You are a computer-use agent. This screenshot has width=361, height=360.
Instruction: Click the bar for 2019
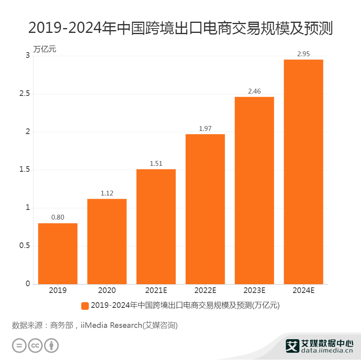coord(58,254)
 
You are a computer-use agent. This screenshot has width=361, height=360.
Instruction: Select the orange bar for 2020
coord(107,242)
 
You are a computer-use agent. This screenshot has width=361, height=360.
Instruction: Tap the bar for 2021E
coord(156,227)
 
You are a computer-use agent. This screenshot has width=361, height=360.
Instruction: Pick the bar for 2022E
coord(205,209)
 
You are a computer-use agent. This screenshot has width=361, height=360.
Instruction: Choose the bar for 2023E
coord(254,191)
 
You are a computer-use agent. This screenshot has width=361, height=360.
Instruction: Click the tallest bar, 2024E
coord(303,172)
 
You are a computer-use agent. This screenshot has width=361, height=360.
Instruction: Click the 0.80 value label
coord(58,218)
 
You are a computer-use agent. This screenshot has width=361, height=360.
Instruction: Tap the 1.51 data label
coord(156,163)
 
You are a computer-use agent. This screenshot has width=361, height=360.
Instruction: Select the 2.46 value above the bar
coord(254,92)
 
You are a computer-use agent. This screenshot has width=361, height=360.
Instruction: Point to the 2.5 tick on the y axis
coord(25,94)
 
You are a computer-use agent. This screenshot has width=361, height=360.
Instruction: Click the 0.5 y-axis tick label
coord(25,246)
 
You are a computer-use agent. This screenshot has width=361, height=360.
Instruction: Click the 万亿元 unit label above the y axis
coord(45,50)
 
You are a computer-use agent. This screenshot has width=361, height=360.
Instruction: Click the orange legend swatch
coord(85,306)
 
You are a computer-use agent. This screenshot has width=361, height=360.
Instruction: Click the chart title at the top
coord(180,28)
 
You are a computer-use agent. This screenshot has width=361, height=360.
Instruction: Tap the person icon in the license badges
coord(51,346)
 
